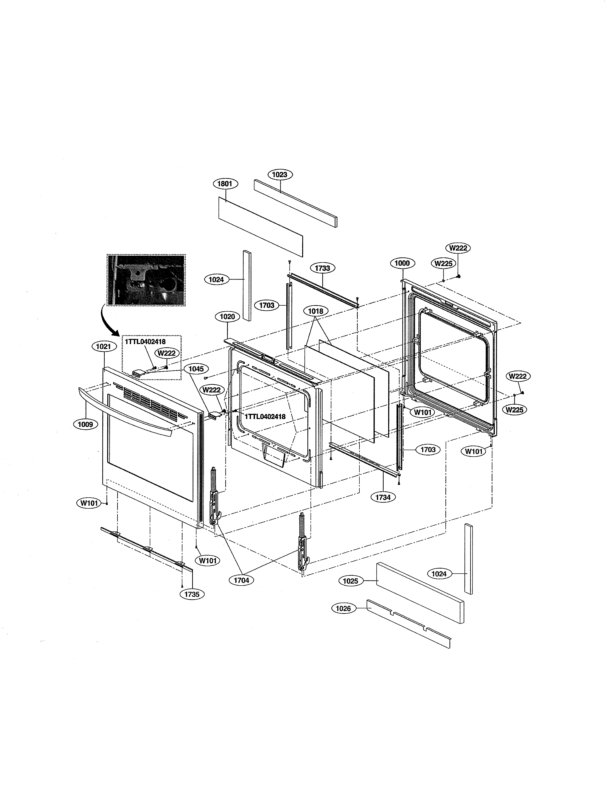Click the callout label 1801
(225, 184)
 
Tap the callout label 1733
(322, 268)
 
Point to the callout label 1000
(402, 263)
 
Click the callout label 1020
(227, 317)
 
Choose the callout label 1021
(104, 347)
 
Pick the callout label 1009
(86, 424)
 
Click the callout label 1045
(196, 369)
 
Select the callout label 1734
(383, 497)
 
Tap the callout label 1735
(192, 594)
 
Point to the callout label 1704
(242, 580)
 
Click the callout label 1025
(350, 581)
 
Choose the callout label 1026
(343, 608)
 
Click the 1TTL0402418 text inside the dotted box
(145, 342)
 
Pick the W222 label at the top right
(458, 248)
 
